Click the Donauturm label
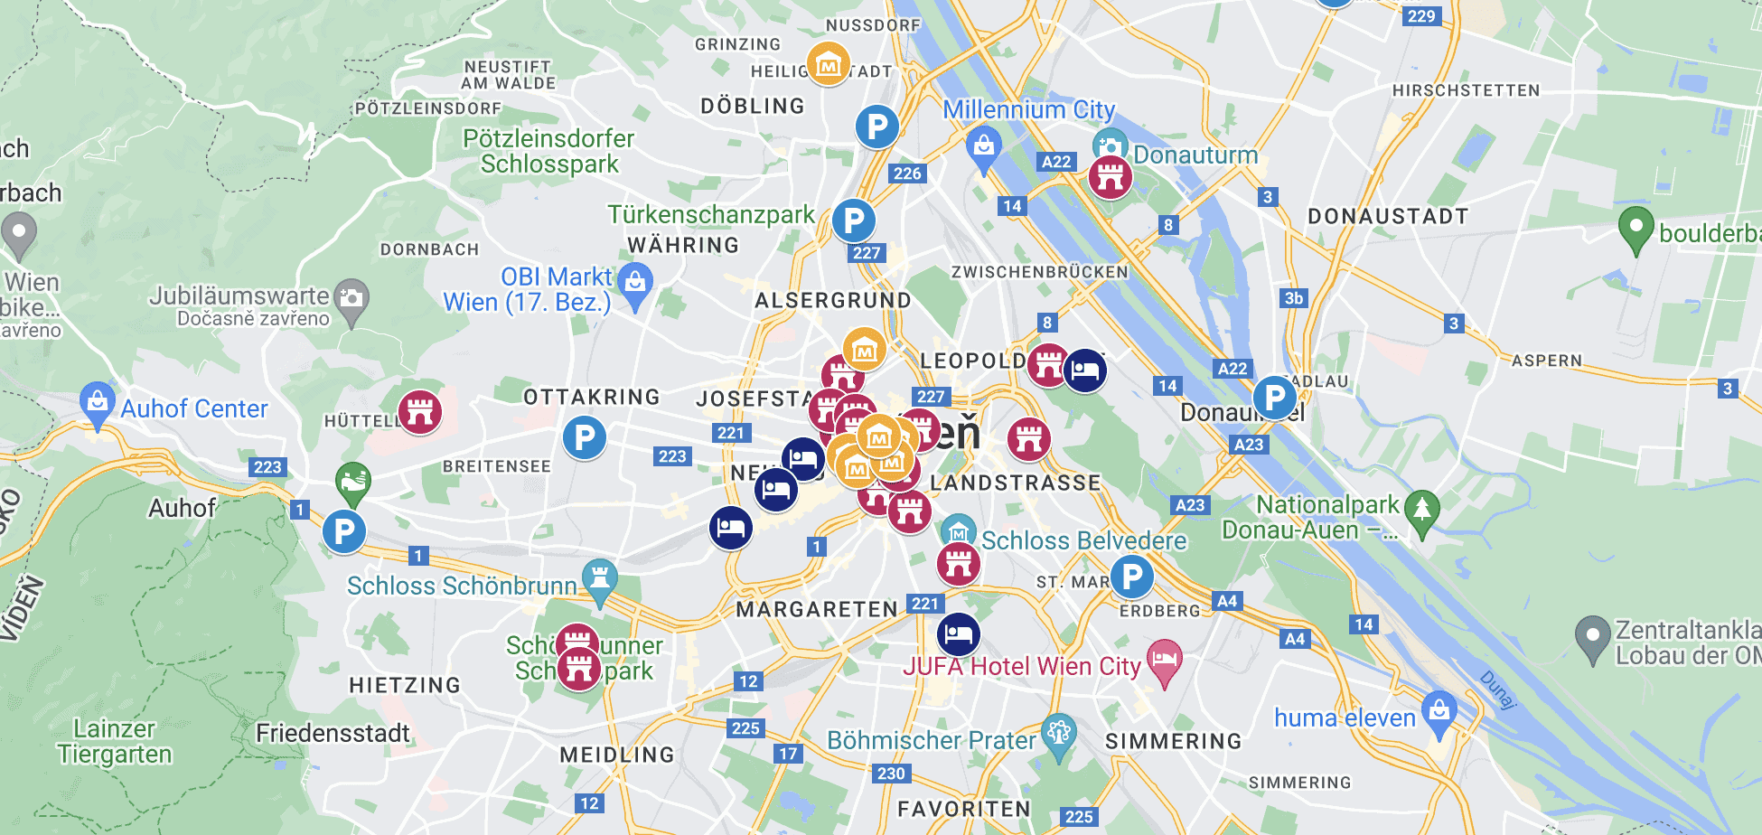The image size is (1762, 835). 1195,155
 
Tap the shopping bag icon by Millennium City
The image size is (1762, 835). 983,146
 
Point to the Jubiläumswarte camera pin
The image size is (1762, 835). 351,298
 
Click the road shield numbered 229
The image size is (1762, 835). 1421,15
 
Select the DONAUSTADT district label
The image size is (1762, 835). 1388,216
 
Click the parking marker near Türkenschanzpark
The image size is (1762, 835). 853,220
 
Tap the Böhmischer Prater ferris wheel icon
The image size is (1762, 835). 1058,733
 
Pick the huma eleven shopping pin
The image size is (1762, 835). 1439,711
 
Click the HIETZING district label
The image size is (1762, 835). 405,685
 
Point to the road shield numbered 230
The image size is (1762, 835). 891,773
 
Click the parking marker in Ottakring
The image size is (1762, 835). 585,438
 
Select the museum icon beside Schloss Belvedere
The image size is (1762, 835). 958,532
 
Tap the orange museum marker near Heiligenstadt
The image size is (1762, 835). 828,63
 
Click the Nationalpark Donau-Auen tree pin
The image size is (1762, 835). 1422,511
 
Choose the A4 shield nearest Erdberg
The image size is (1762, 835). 1226,601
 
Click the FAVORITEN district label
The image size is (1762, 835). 963,809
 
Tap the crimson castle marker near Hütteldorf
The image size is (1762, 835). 420,412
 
